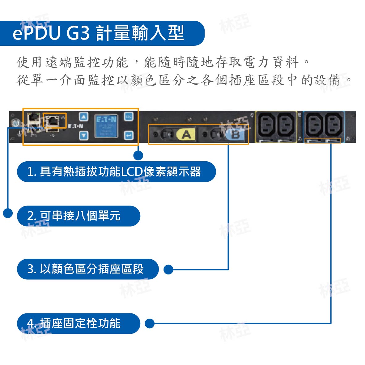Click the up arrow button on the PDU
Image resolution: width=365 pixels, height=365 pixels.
coord(83,117)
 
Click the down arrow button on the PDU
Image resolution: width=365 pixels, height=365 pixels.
coord(83,135)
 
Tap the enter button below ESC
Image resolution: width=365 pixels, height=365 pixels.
coord(129,135)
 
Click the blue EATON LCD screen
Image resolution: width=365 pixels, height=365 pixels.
coord(106,126)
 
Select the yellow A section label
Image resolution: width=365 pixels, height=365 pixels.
coord(186,134)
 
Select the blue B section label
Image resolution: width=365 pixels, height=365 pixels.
coord(235,135)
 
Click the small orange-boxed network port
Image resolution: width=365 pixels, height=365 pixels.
coord(54,121)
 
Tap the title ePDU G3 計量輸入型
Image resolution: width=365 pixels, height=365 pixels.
coord(98,33)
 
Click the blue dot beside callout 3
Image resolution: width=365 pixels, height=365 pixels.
coord(168,270)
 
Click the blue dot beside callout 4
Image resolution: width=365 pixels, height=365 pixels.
coord(150,324)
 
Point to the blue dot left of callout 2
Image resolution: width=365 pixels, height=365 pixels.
coord(8,213)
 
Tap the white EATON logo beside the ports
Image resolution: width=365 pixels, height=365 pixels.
coord(75,126)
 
